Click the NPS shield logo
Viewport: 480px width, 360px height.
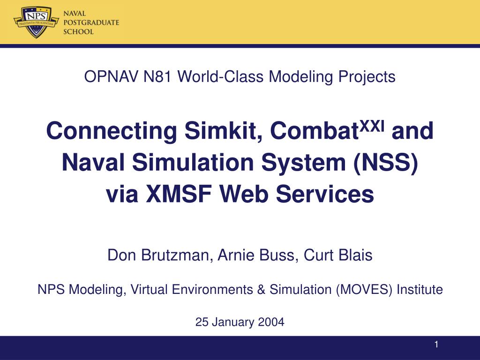[x=36, y=21]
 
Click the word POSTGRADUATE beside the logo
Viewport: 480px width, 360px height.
[x=91, y=22]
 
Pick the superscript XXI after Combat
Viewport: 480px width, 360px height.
[x=373, y=124]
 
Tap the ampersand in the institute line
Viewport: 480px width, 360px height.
[x=261, y=290]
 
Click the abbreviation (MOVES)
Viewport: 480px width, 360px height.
[x=365, y=290]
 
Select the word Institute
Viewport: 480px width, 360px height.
[x=420, y=290]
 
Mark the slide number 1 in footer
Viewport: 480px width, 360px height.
[x=436, y=345]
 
